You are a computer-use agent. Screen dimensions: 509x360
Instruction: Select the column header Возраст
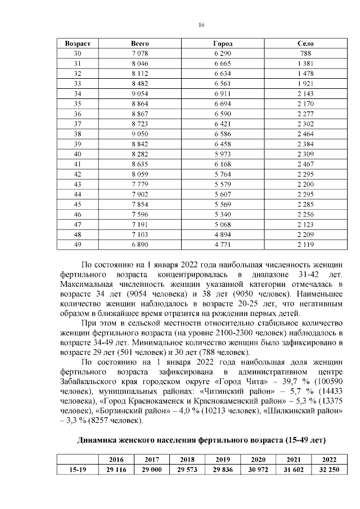tap(78, 43)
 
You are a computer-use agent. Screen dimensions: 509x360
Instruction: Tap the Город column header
tap(223, 43)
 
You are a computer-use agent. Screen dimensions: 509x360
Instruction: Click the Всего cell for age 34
tap(139, 93)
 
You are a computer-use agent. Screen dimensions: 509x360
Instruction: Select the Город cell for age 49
tap(223, 245)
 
